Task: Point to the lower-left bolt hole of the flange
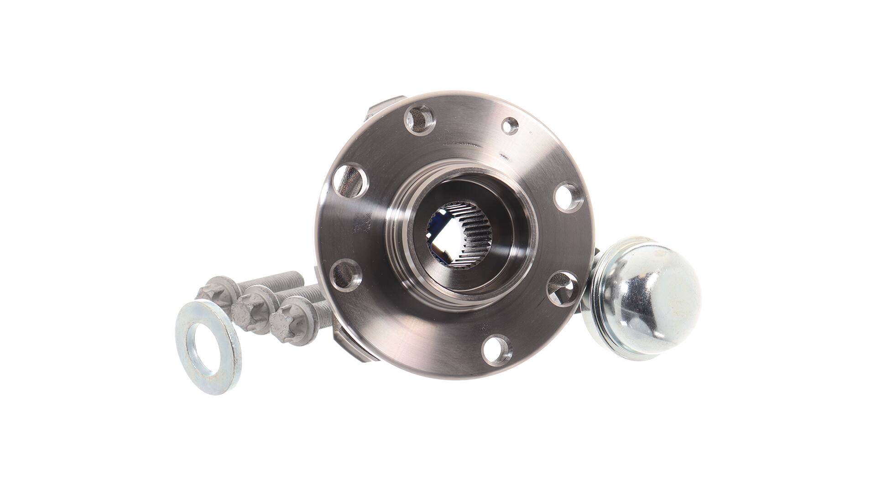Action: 345,273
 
